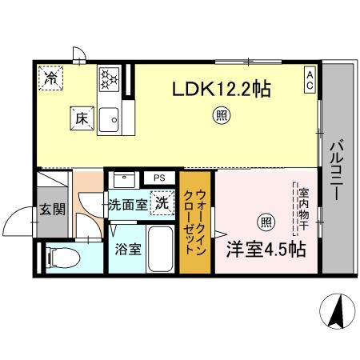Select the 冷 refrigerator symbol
click(50, 78)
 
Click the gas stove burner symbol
click(109, 79)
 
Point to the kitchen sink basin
click(111, 119)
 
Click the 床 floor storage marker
click(82, 118)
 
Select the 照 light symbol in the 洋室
click(263, 221)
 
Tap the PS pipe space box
click(160, 178)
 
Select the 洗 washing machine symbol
click(162, 203)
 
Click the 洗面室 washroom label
click(128, 204)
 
